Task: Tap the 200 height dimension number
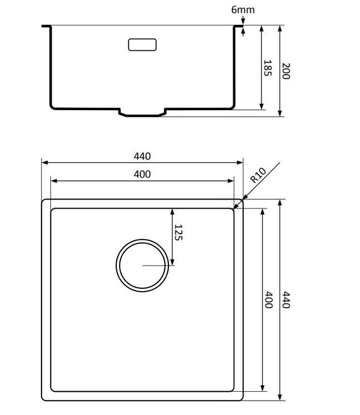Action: pyautogui.click(x=286, y=71)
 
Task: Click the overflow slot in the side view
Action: pyautogui.click(x=143, y=44)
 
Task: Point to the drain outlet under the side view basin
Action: pyautogui.click(x=142, y=114)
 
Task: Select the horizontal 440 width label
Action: pyautogui.click(x=142, y=156)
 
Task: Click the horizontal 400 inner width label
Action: pyautogui.click(x=142, y=174)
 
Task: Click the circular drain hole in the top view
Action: pyautogui.click(x=142, y=266)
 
